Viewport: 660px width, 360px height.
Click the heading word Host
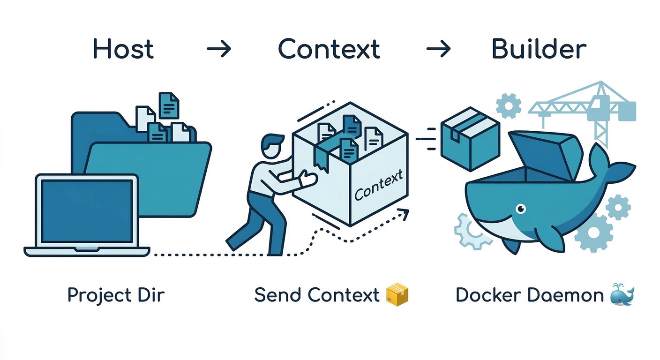click(123, 49)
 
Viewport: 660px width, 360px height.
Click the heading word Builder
click(539, 49)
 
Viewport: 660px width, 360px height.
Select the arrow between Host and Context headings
click(219, 49)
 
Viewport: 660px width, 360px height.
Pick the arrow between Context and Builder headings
click(438, 49)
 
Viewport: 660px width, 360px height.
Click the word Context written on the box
click(379, 186)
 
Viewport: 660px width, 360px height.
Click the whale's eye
click(520, 208)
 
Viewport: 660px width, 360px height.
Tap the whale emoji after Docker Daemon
click(622, 295)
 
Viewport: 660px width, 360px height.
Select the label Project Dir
click(116, 295)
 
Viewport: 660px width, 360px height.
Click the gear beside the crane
click(508, 105)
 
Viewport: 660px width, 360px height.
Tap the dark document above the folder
click(169, 105)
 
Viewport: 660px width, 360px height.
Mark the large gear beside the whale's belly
click(593, 232)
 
